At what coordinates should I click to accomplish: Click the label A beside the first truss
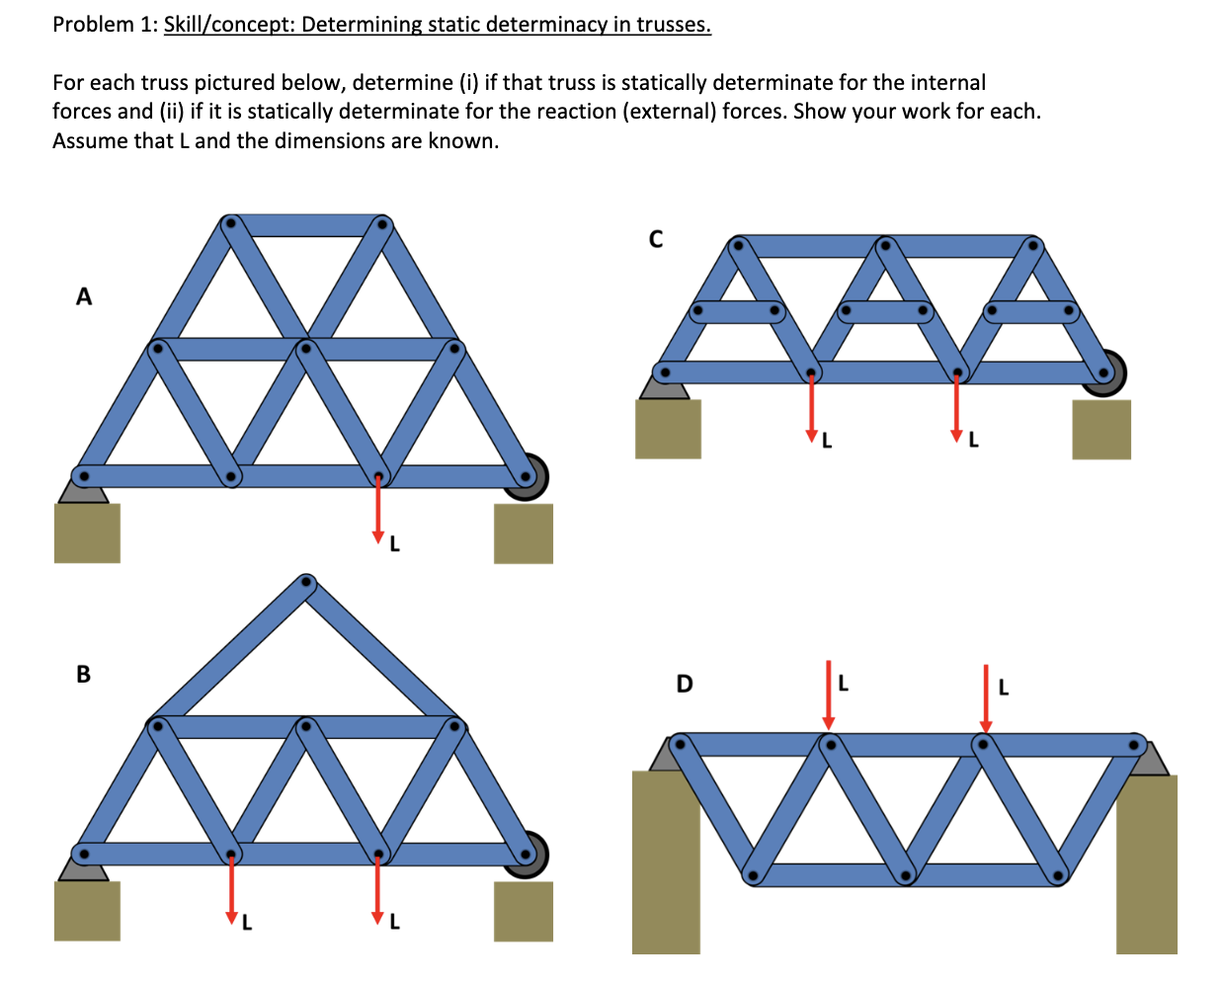click(84, 295)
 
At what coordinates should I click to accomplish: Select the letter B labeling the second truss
click(83, 674)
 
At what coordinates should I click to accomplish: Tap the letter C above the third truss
click(655, 239)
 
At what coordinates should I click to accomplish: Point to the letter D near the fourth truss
click(684, 684)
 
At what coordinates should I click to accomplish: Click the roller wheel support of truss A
click(527, 477)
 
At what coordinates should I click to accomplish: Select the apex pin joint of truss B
click(306, 582)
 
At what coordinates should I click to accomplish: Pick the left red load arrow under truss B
click(231, 886)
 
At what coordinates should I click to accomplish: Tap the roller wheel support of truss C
click(1103, 372)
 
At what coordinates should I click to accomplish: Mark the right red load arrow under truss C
click(955, 407)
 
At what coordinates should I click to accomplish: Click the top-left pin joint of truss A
click(231, 223)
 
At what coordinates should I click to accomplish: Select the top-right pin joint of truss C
click(1031, 244)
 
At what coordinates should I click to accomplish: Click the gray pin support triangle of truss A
click(83, 490)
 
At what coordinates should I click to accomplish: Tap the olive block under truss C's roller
click(1101, 430)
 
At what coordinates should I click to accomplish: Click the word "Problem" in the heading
click(92, 25)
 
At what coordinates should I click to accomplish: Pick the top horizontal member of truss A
click(306, 224)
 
